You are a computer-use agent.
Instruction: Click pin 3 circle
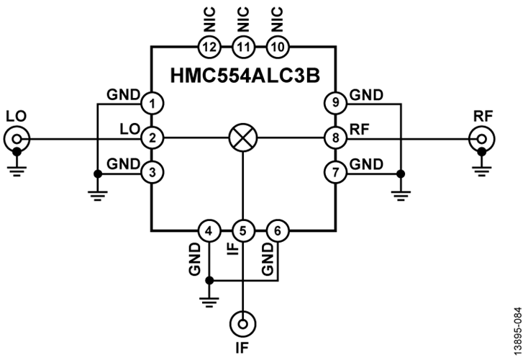click(x=151, y=172)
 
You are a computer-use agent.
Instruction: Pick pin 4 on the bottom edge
click(x=209, y=231)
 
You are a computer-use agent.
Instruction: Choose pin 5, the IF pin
click(x=243, y=231)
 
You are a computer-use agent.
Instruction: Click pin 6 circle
click(x=278, y=231)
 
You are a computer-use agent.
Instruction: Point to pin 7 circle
click(x=335, y=172)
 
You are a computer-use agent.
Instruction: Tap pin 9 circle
click(x=335, y=102)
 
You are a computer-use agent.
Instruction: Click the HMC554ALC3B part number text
click(x=243, y=74)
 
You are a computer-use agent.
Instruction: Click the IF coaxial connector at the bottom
click(x=243, y=324)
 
